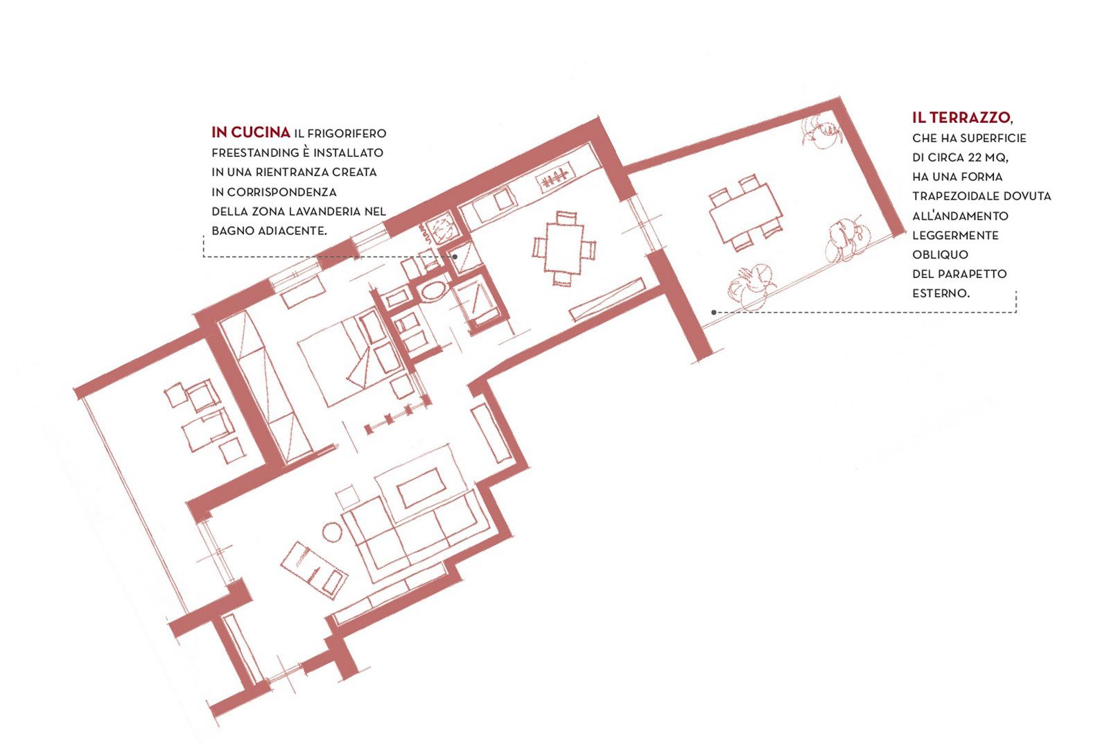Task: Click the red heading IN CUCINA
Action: click(x=250, y=132)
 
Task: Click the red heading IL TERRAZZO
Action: click(x=961, y=117)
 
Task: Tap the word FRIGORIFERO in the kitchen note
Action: click(x=347, y=133)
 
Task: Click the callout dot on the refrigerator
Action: click(x=455, y=257)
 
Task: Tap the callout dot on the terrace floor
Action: click(x=713, y=313)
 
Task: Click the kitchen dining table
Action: click(x=564, y=248)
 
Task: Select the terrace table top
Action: click(x=746, y=213)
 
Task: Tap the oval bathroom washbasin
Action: click(x=434, y=292)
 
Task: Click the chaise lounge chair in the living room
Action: click(x=314, y=570)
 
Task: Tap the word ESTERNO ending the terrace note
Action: click(x=941, y=293)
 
